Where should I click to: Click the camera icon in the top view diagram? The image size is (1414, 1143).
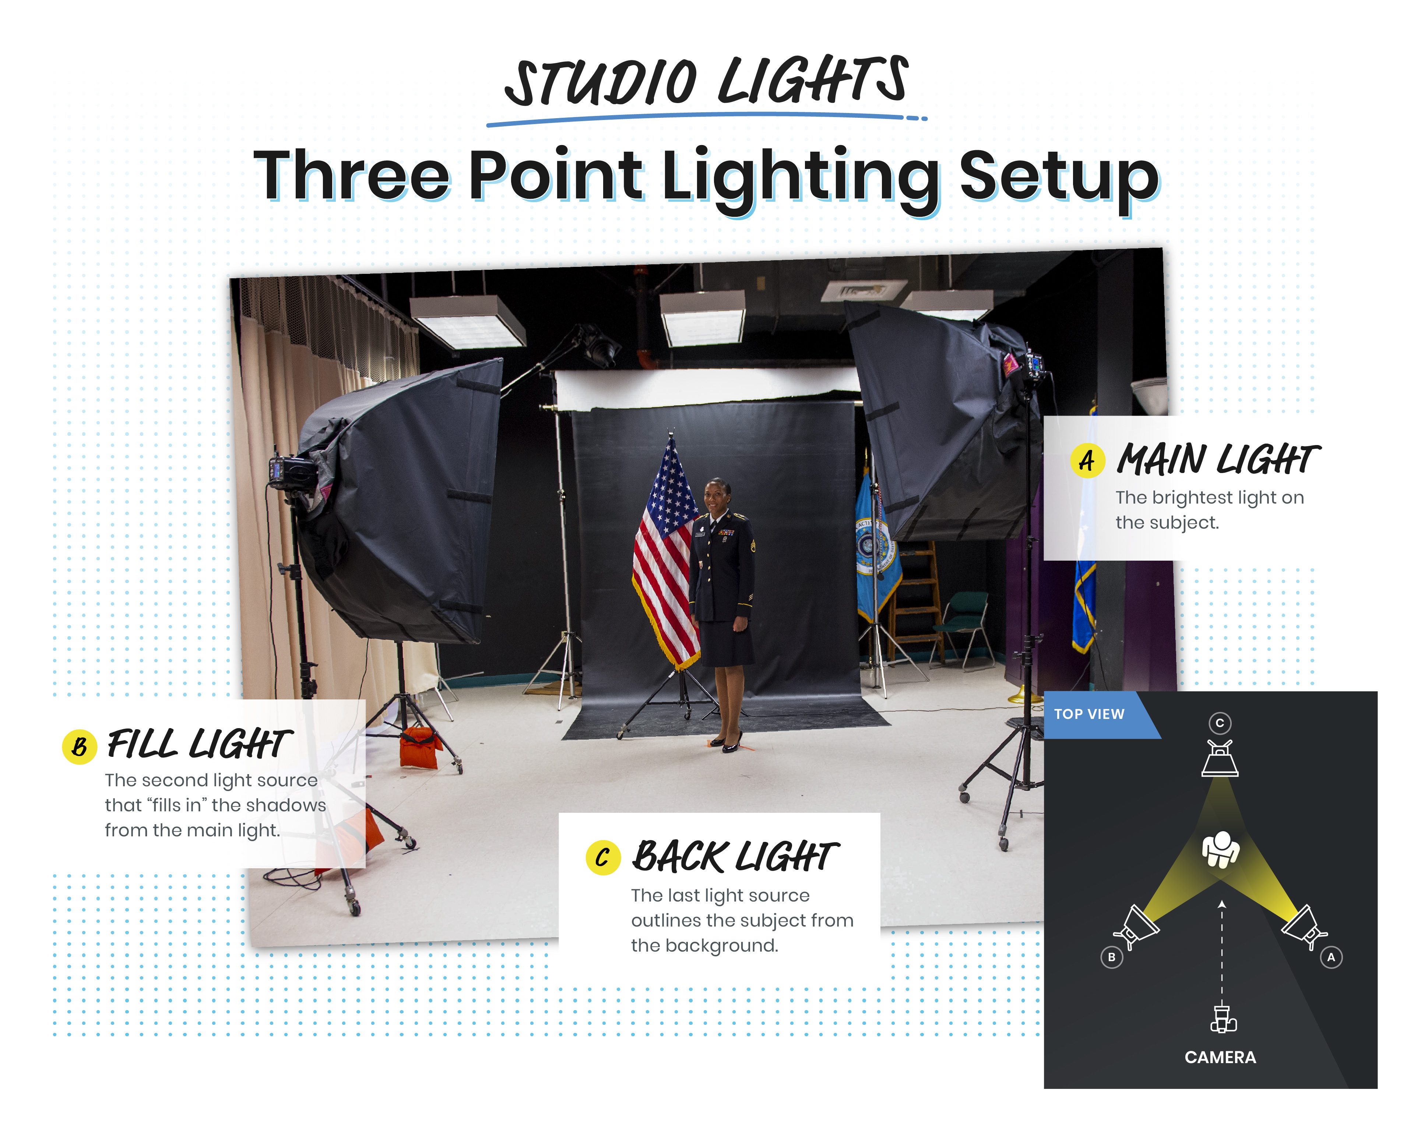coord(1223,1019)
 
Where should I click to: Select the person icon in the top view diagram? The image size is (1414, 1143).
coord(1220,849)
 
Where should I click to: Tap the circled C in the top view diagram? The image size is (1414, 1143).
coord(1220,723)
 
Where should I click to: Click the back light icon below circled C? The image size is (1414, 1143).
coord(1220,758)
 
